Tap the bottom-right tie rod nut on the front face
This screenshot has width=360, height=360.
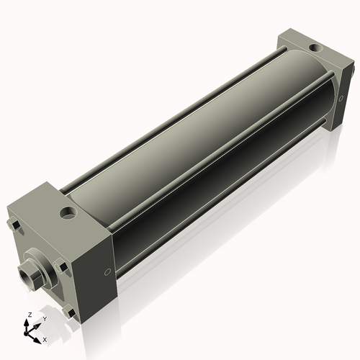tap(69, 312)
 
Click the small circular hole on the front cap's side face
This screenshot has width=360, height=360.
tap(107, 272)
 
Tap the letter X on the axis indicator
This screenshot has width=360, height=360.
tap(44, 338)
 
